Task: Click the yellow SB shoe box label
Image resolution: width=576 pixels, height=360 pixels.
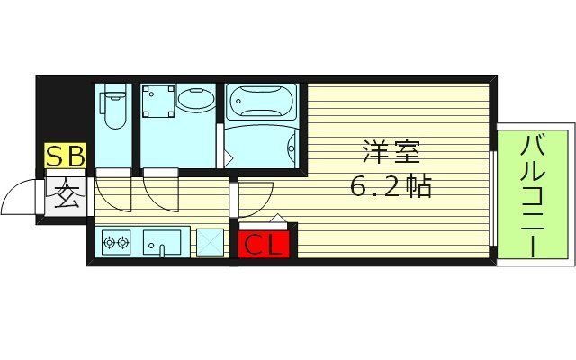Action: pyautogui.click(x=65, y=157)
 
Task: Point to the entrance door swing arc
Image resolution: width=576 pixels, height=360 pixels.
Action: pyautogui.click(x=20, y=196)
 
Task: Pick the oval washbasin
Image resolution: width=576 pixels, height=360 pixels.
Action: pyautogui.click(x=195, y=102)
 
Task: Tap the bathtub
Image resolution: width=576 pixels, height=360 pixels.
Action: pyautogui.click(x=260, y=101)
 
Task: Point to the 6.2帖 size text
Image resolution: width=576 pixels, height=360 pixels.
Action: pyautogui.click(x=391, y=187)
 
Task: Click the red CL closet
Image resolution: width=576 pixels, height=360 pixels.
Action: pyautogui.click(x=264, y=244)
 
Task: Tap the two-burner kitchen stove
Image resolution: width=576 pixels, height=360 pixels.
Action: pyautogui.click(x=117, y=241)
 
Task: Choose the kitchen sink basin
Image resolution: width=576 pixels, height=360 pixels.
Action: pyautogui.click(x=163, y=241)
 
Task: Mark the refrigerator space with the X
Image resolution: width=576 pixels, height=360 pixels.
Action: pyautogui.click(x=211, y=242)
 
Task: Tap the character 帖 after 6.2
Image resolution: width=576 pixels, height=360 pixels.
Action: pyautogui.click(x=418, y=187)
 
